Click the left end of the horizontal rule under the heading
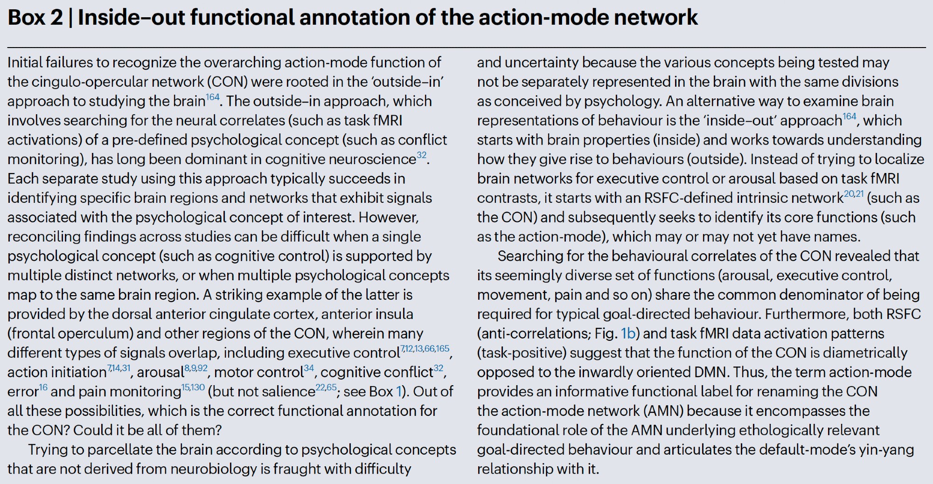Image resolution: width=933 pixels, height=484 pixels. [7, 47]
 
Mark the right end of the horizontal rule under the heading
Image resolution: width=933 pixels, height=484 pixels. [926, 47]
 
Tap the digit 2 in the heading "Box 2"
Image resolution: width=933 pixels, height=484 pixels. [56, 18]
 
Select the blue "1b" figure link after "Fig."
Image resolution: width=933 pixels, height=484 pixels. [628, 333]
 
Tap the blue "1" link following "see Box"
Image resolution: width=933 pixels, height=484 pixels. [399, 391]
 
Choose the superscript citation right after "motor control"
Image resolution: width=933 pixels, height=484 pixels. [309, 368]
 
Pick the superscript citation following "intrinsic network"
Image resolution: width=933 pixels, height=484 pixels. [854, 194]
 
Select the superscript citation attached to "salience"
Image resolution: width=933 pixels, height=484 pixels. [326, 387]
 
